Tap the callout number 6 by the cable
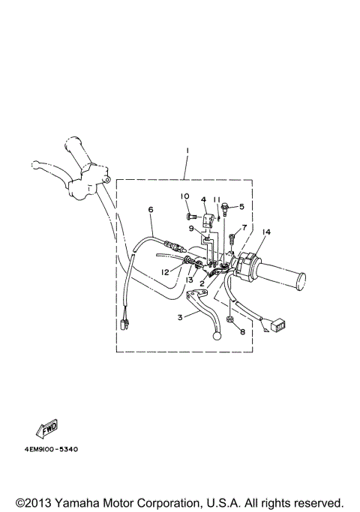point(151,210)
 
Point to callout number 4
point(202,200)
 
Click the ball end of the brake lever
point(218,337)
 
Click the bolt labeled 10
point(190,217)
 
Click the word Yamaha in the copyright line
point(83,502)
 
